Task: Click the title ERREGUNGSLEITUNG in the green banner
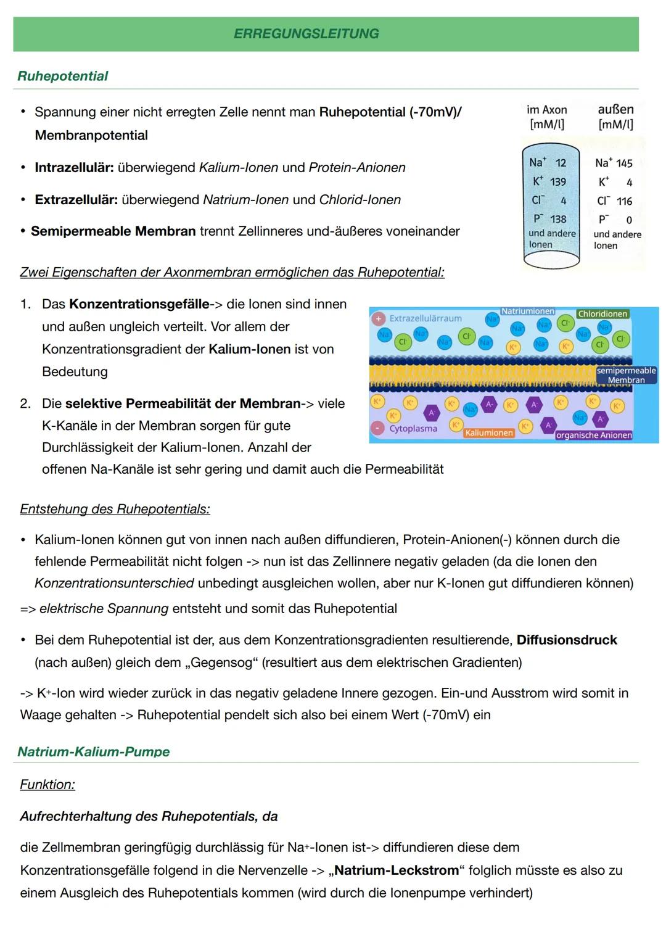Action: click(306, 34)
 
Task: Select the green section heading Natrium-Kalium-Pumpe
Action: click(93, 751)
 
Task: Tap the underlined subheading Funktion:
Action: click(47, 784)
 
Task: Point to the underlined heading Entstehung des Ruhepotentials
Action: click(115, 509)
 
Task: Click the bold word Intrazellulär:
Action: click(74, 168)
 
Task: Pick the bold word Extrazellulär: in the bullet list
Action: click(76, 200)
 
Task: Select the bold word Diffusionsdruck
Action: click(566, 640)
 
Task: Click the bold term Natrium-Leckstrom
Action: click(397, 870)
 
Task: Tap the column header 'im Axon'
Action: click(546, 110)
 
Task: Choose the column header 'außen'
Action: click(615, 109)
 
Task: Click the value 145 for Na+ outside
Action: click(624, 163)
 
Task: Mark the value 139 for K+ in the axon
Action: click(558, 182)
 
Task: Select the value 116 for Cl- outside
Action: click(624, 202)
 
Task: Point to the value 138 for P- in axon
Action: click(558, 219)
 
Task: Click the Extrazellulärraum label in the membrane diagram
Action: click(425, 318)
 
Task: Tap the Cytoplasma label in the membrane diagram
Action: click(413, 428)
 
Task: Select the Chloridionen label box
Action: click(602, 314)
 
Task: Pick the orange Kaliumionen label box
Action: click(488, 433)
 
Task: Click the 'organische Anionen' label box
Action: click(593, 435)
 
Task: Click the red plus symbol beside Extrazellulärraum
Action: click(377, 318)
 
